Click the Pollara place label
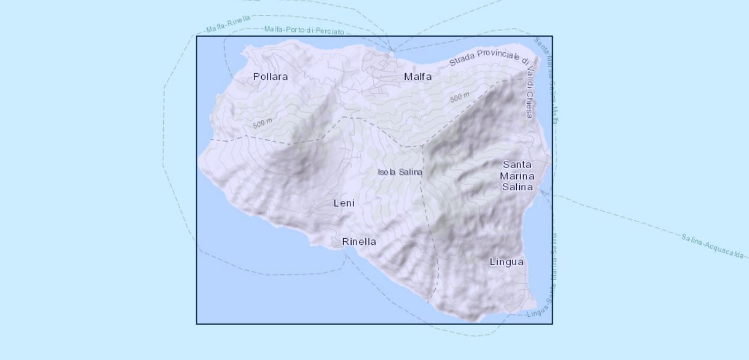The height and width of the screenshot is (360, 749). (x=270, y=77)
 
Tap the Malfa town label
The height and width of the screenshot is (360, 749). (x=418, y=77)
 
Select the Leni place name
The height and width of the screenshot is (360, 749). (x=344, y=203)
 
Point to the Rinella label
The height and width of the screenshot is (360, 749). (x=359, y=242)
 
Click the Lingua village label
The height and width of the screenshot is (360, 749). (x=507, y=262)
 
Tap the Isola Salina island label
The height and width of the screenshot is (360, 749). (x=400, y=172)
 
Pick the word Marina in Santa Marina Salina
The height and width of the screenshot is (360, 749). (x=517, y=175)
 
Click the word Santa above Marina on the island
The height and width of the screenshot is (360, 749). (x=517, y=164)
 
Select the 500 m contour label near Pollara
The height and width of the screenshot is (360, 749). (x=262, y=124)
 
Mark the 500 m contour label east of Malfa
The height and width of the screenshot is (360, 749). (x=460, y=97)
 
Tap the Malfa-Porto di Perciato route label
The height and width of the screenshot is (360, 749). (x=304, y=30)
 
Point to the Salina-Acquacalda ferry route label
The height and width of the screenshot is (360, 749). (x=712, y=246)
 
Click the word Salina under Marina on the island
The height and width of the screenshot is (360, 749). (x=517, y=187)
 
